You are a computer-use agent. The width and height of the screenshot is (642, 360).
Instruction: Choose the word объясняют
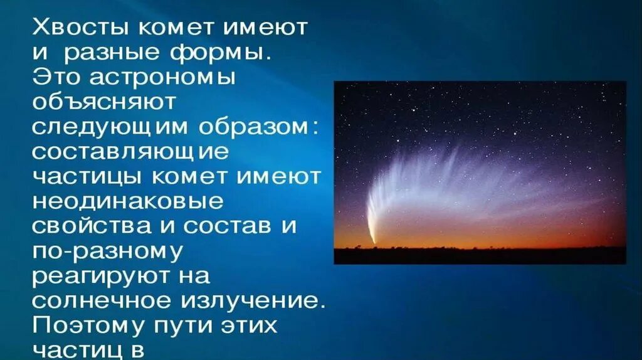point(104,102)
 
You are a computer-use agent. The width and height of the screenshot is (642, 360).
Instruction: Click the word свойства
point(91,226)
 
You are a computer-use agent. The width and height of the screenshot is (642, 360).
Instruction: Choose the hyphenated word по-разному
point(107,251)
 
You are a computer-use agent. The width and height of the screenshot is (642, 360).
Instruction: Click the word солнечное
point(101,300)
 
